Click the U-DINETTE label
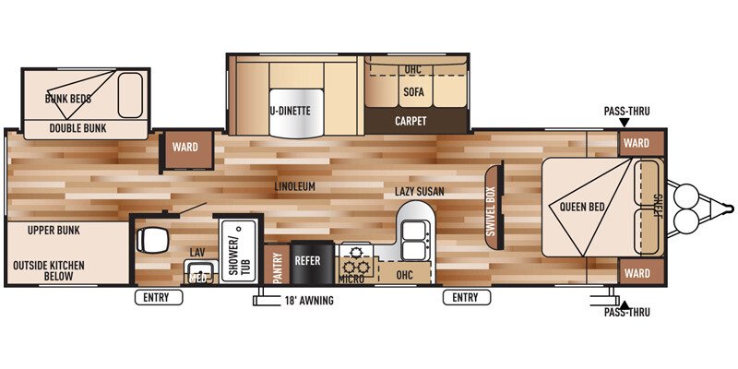tap(291, 111)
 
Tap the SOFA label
tap(412, 92)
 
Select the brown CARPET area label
tap(410, 121)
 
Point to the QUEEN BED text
tap(582, 207)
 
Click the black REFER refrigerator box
tap(307, 261)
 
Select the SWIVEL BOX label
tap(491, 211)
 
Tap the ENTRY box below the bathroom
tap(158, 297)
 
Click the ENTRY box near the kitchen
tap(465, 297)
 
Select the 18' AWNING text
tap(308, 301)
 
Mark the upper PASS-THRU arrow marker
tap(624, 122)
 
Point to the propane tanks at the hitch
tap(687, 208)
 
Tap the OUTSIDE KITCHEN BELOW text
tap(48, 270)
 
